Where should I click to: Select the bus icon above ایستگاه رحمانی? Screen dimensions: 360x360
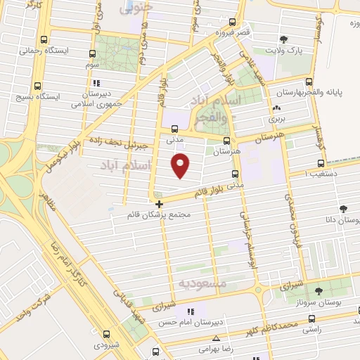[x=46, y=40]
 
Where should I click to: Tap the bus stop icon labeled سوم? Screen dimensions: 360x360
[x=93, y=53]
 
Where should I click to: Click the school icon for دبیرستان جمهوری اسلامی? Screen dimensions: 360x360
[x=98, y=81]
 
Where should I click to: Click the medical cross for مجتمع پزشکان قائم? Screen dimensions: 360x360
[x=160, y=203]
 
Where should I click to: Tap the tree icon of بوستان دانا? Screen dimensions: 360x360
[x=344, y=209]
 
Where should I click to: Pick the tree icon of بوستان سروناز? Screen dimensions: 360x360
[x=319, y=290]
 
